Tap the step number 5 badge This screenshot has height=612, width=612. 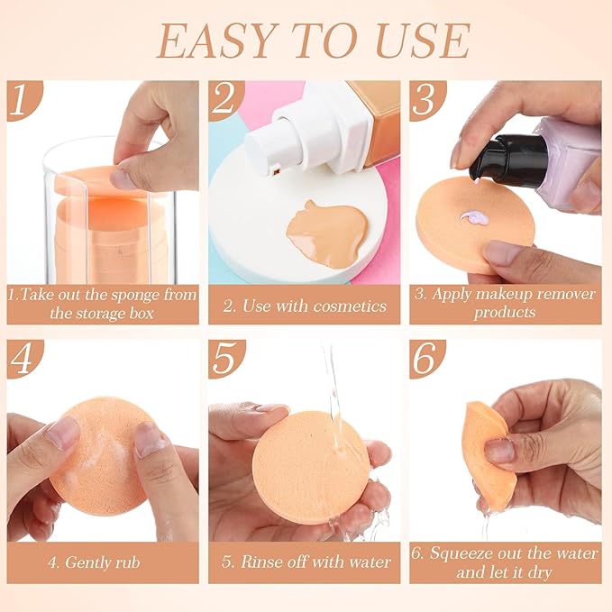tap(224, 358)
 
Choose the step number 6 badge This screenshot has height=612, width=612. tap(426, 358)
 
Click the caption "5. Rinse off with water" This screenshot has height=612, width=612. tap(306, 562)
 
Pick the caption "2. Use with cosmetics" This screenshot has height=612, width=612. tap(306, 306)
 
